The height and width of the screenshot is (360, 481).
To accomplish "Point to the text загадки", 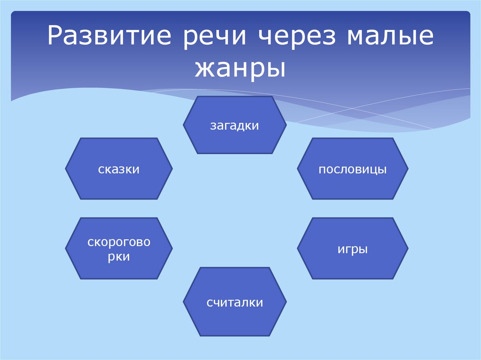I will pos(234,126).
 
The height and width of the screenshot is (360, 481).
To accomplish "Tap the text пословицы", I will pos(352,169).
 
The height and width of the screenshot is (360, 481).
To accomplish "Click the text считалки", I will pos(234,303).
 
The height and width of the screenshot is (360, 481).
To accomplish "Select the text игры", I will pos(352,249).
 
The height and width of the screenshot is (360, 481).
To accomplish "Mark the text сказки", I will pos(119,169).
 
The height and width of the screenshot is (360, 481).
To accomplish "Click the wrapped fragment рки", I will pos(119,257).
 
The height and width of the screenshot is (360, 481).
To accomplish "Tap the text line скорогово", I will pos(119,243).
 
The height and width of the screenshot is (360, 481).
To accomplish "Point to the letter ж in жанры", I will pos(202,68).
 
